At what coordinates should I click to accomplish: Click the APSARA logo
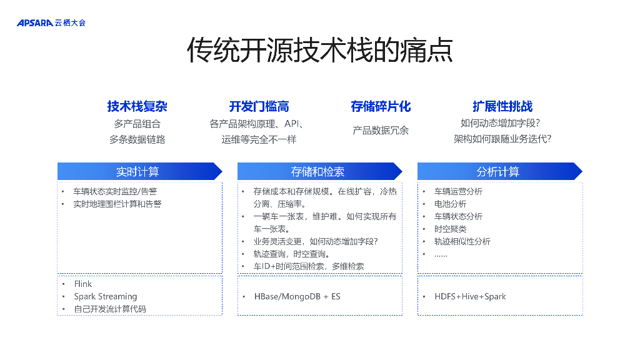pos(51,23)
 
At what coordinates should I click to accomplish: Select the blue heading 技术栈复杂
pos(137,106)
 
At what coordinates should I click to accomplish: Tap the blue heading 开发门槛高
pos(259,106)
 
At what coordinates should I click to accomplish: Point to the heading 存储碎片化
pos(381,106)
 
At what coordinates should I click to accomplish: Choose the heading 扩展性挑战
pos(502,106)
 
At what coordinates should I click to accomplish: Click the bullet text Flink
pos(83,284)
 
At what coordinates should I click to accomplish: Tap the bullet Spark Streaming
pos(106,296)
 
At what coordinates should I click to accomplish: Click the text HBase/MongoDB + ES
pos(297,296)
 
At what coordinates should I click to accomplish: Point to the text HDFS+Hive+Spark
pos(470,296)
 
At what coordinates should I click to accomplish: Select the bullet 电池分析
pos(450,204)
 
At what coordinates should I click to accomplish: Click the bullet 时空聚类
pos(450,229)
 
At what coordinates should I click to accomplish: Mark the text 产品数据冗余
pos(381,131)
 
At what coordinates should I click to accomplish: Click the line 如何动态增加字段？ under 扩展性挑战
pos(500,123)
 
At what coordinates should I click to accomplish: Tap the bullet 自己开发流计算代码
pos(110,309)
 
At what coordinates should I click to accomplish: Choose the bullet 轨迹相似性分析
pos(462,241)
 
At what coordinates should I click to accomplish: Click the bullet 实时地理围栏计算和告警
pos(117,204)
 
